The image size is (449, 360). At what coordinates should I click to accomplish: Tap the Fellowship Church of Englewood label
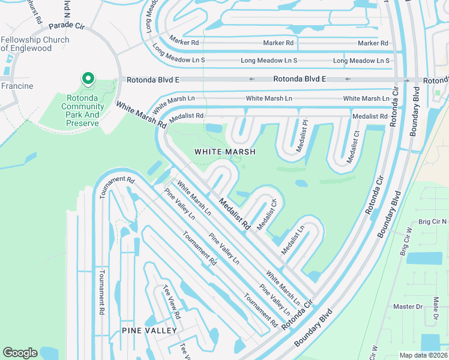tap(35, 44)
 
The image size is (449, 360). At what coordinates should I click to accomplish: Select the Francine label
tap(17, 86)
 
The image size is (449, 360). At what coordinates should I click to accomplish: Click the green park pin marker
tap(88, 79)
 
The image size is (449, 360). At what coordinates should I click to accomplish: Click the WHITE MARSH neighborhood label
tap(225, 152)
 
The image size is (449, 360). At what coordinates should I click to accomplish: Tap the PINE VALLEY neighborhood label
tap(149, 331)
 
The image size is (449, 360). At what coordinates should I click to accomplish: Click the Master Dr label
tap(408, 307)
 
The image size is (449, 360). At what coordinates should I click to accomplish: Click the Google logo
tap(20, 353)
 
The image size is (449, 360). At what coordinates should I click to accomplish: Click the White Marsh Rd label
tap(140, 115)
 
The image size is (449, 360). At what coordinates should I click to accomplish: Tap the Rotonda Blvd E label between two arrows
tap(299, 79)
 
